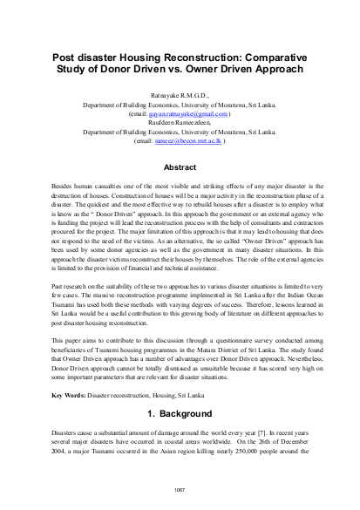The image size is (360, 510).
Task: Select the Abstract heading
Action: (180, 166)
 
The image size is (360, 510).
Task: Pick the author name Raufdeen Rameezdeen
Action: (180, 122)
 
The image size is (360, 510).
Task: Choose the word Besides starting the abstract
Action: (64, 187)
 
